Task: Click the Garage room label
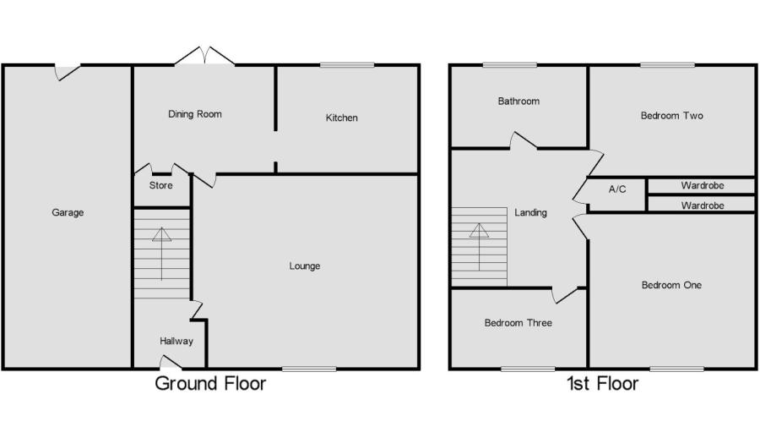[68, 212]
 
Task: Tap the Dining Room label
[195, 114]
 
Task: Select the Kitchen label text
[342, 118]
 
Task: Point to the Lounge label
[304, 266]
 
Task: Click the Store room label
[161, 185]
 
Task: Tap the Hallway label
[176, 341]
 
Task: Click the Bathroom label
[518, 101]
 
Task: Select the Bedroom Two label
[672, 116]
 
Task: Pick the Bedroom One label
[672, 285]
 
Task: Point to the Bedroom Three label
[518, 323]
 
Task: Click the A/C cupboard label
[617, 189]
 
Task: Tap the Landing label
[531, 212]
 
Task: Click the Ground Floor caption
[210, 383]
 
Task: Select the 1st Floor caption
[602, 383]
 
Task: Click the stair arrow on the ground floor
[162, 254]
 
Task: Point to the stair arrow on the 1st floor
[480, 247]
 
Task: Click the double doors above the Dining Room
[204, 56]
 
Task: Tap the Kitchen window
[347, 64]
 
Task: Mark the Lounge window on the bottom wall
[309, 370]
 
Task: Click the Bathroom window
[510, 64]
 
